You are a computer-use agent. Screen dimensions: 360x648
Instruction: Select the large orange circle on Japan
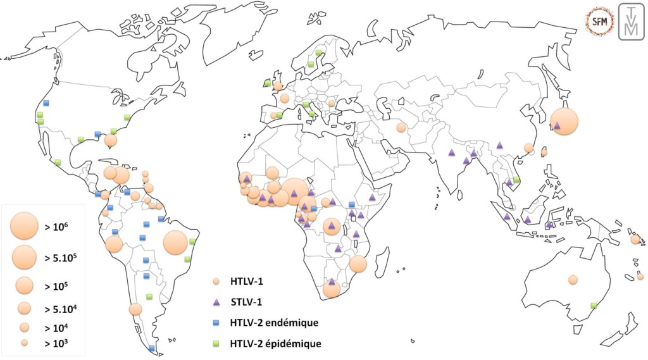[564, 121]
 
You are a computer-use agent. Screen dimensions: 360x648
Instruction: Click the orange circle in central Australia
[573, 280]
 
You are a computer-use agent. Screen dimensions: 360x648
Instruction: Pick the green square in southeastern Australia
[594, 306]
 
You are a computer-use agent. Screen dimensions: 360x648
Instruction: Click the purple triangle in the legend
[216, 302]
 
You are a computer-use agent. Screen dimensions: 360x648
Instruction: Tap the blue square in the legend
[216, 323]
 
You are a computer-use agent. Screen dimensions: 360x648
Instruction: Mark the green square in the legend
[216, 344]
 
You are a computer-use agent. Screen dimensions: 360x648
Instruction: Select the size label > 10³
[57, 344]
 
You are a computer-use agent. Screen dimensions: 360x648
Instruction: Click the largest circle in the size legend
[25, 225]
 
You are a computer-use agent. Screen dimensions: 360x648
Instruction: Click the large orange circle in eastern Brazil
[175, 242]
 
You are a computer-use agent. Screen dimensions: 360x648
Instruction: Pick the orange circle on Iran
[401, 128]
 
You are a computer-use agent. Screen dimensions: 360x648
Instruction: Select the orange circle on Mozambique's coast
[358, 264]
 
